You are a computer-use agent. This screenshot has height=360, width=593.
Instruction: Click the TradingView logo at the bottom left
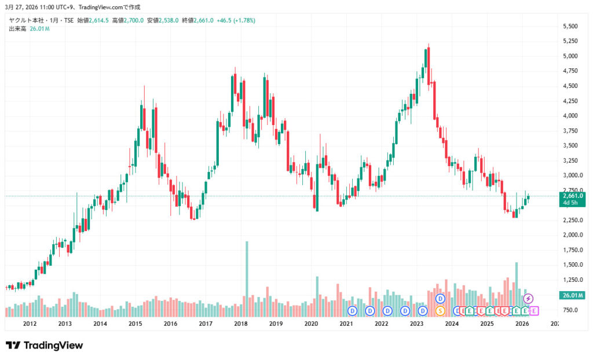(x=45, y=346)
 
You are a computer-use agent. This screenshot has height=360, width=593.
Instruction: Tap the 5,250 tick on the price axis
(x=571, y=41)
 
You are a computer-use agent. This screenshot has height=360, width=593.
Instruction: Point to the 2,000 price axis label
(x=571, y=235)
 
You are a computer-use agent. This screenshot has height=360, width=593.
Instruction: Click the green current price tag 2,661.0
(x=573, y=196)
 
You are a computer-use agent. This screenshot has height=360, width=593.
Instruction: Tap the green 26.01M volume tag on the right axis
(x=573, y=295)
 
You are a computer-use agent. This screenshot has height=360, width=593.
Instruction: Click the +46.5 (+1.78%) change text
(x=235, y=20)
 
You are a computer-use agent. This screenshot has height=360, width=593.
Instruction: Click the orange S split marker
(x=440, y=311)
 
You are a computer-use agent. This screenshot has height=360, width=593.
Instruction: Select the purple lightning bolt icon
(x=528, y=299)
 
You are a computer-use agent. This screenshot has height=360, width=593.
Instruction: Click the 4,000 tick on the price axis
(x=571, y=116)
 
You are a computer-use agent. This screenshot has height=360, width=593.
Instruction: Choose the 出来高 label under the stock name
(x=17, y=28)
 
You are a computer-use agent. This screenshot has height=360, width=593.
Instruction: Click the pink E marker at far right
(x=533, y=311)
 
